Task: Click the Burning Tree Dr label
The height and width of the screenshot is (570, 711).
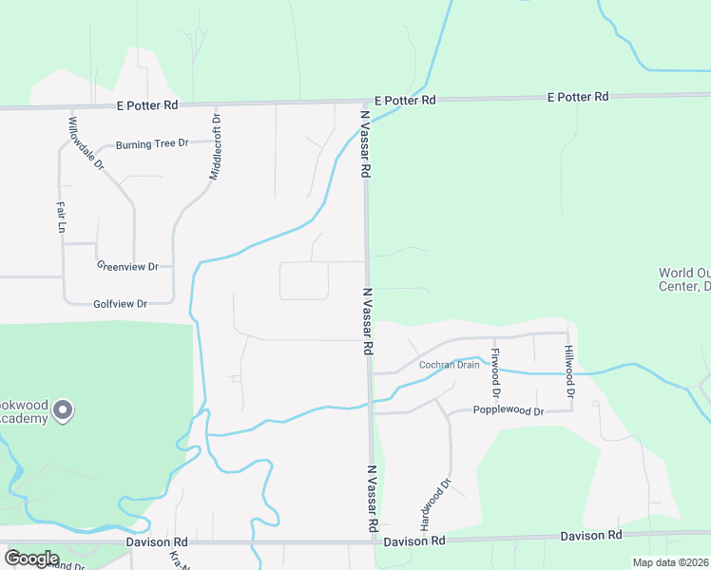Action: pyautogui.click(x=152, y=144)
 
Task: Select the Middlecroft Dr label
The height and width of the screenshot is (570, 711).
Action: pyautogui.click(x=215, y=148)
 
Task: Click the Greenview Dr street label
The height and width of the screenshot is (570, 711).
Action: pyautogui.click(x=127, y=267)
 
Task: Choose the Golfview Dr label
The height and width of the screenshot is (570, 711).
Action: pyautogui.click(x=121, y=304)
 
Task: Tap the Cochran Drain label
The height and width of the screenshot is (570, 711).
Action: pyautogui.click(x=450, y=365)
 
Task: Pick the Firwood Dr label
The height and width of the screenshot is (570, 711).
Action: pyautogui.click(x=495, y=372)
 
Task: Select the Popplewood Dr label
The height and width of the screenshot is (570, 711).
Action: pyautogui.click(x=508, y=411)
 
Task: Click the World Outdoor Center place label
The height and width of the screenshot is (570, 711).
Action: pyautogui.click(x=684, y=279)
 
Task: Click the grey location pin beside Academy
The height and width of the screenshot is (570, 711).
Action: pyautogui.click(x=63, y=410)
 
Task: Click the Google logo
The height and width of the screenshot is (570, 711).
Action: pyautogui.click(x=31, y=559)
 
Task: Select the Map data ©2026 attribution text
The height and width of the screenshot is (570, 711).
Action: pyautogui.click(x=671, y=561)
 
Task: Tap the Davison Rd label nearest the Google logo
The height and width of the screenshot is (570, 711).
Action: pyautogui.click(x=157, y=541)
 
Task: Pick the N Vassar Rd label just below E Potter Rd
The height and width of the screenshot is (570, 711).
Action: pyautogui.click(x=365, y=143)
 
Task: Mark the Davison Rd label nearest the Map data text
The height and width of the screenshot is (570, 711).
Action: pyautogui.click(x=590, y=536)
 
